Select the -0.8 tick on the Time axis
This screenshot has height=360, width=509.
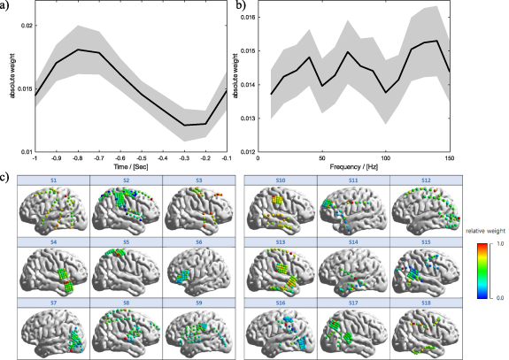[x=78, y=157]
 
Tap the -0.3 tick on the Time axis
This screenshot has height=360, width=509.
[x=184, y=157]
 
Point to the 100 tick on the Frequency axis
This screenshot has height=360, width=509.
[x=385, y=157]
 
